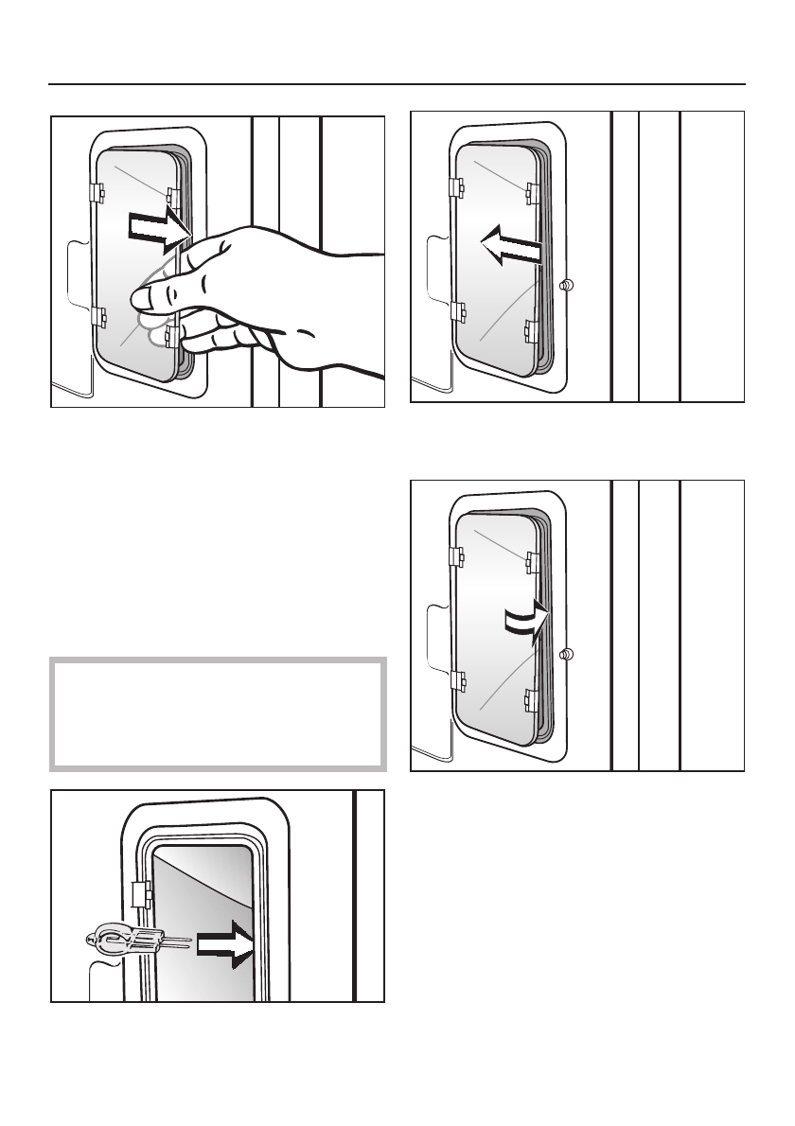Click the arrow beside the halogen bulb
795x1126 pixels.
[227, 942]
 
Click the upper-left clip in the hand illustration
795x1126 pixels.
[97, 192]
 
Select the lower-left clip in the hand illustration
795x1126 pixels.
[97, 316]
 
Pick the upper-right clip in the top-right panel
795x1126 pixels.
[532, 192]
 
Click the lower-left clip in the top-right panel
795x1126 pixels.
[457, 311]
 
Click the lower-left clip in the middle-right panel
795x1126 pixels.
[457, 680]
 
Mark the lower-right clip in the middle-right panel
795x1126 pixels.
[531, 700]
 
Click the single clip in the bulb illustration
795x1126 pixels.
[142, 893]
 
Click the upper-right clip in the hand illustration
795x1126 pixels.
[172, 196]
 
